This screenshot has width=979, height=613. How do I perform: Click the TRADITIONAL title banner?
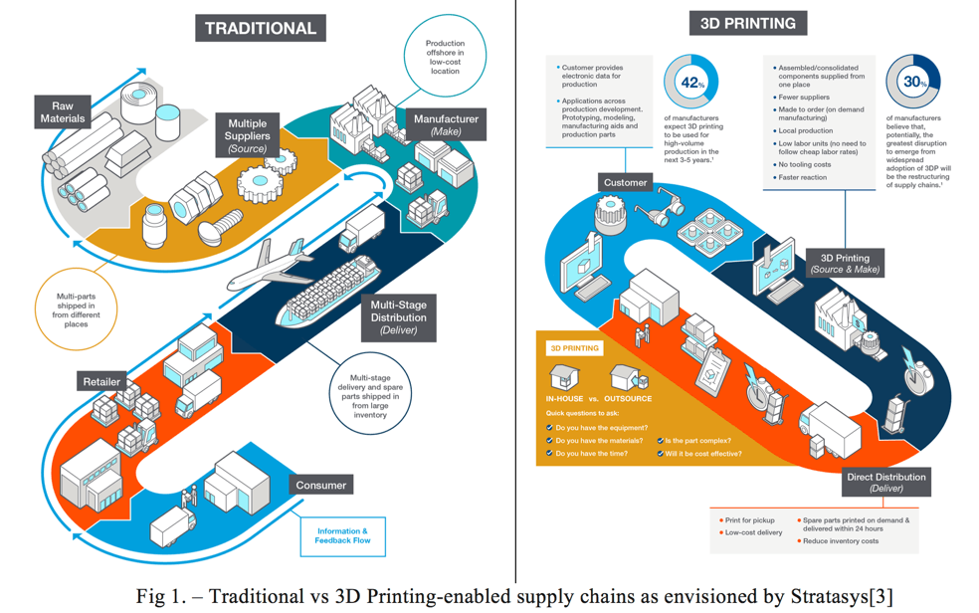260,28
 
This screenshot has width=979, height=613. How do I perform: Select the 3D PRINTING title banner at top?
747,23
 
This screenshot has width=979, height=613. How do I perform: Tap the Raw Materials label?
63,111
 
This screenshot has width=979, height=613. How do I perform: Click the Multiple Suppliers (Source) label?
246,135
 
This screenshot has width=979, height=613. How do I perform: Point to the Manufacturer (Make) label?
445,124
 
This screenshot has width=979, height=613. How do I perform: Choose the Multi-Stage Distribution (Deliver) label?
398,317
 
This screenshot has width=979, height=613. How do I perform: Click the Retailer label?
101,381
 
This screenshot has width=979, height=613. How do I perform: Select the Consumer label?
320,485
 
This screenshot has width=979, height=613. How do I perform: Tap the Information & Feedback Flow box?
342,536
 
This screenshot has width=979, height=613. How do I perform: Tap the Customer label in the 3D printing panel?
625,182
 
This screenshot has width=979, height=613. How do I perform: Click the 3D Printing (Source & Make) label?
845,264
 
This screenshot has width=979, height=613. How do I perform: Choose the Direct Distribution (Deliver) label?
885,482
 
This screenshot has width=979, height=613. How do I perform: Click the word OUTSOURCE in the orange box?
626,398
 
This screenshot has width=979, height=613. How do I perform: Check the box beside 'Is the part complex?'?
660,441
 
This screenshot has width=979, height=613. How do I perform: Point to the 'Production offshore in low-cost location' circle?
445,57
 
